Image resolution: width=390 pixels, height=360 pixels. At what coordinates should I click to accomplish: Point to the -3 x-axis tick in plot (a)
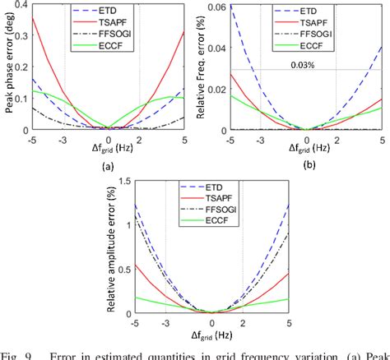(64, 139)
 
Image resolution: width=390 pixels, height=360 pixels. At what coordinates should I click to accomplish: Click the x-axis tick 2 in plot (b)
(336, 139)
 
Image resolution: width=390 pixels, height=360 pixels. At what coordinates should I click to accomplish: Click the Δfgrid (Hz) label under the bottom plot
(211, 336)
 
